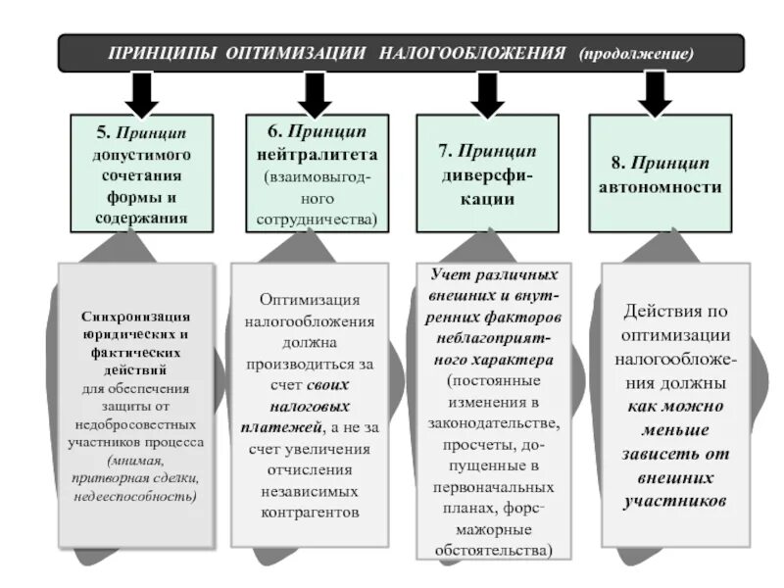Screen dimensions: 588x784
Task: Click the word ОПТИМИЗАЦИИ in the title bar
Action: click(293, 52)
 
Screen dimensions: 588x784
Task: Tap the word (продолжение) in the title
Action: click(636, 52)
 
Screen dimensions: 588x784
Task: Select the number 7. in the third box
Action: click(447, 152)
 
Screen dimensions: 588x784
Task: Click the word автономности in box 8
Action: click(660, 186)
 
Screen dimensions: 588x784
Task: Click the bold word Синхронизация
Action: click(136, 316)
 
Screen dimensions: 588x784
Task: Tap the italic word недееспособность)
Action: click(135, 497)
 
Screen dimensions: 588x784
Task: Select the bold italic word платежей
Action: click(281, 427)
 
